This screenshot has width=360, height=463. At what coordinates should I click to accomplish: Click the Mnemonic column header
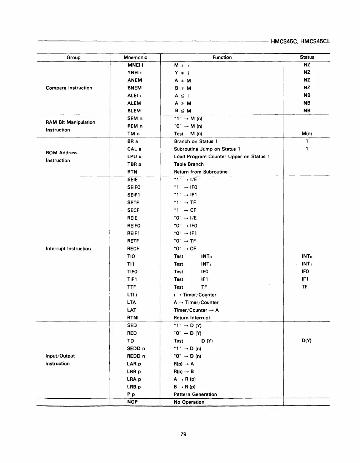tap(135, 58)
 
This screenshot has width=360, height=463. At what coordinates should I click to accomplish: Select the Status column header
tap(307, 57)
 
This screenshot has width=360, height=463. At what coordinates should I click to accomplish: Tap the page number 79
tap(183, 434)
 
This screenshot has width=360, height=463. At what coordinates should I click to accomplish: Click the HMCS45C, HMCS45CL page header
tap(300, 41)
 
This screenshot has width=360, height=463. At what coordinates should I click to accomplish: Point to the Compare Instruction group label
tap(69, 88)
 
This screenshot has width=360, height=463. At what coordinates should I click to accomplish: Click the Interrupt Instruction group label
tap(68, 249)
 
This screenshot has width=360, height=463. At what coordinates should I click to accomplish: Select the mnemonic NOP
tap(132, 402)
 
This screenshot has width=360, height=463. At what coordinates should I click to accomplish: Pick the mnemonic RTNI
tap(133, 318)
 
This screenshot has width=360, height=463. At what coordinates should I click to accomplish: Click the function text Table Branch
tap(189, 164)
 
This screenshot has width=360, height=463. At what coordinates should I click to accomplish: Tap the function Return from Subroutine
tap(200, 172)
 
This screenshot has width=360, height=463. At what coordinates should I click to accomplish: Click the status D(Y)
tap(306, 340)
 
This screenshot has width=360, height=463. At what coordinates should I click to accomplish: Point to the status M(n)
tap(306, 134)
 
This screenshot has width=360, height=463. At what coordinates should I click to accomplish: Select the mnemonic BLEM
tap(134, 111)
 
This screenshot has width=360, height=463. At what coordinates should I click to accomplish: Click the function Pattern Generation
tap(195, 394)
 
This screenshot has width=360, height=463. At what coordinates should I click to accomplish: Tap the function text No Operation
tap(189, 402)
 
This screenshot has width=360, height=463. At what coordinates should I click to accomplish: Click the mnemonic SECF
tap(133, 210)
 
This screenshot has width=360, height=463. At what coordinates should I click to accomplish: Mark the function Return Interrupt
tap(192, 318)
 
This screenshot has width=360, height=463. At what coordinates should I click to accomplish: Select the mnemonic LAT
tap(131, 310)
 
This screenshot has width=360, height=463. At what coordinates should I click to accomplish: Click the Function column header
tap(222, 58)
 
